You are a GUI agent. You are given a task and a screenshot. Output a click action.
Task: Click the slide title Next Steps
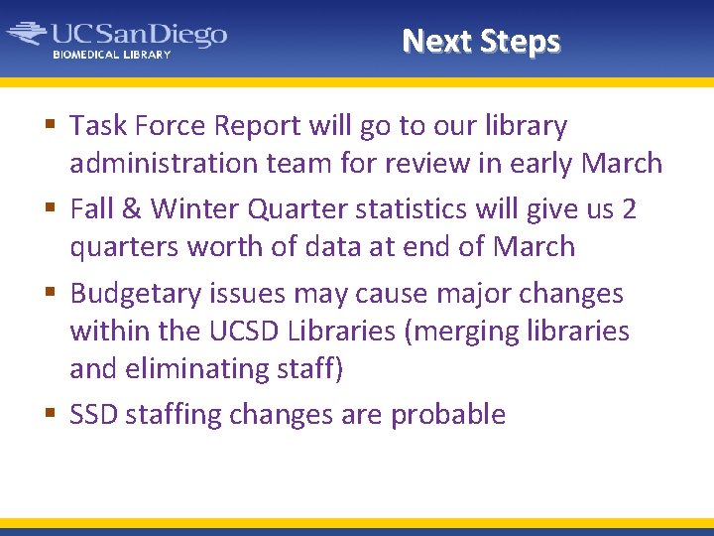pos(481,41)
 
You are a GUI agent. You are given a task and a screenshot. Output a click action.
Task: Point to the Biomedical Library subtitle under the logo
pos(111,55)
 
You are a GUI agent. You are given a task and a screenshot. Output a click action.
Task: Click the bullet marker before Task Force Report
pos(52,126)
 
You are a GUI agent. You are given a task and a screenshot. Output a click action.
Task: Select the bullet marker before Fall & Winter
pos(52,209)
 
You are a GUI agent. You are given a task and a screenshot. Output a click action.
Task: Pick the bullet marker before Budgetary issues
pos(52,294)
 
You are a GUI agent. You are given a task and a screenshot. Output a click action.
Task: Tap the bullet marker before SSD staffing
pos(52,415)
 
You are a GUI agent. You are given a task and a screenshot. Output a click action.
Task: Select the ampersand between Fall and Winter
pos(133,210)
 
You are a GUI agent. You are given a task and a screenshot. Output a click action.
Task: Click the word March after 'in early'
pos(621,163)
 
